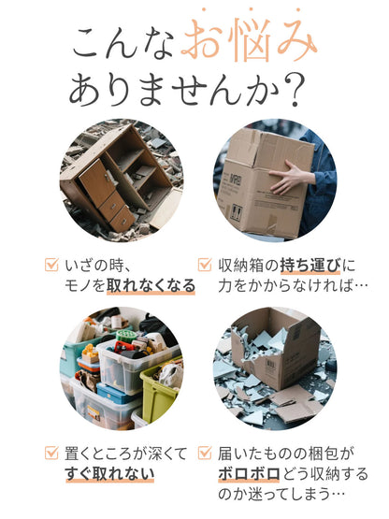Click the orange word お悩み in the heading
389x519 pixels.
coord(249,40)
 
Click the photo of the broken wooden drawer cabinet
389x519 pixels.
coord(121,179)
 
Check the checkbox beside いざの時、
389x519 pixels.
coord(51,265)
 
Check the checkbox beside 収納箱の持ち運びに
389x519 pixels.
coord(204,265)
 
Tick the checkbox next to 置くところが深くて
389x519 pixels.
coord(51,453)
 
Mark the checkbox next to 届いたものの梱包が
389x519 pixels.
coord(204,453)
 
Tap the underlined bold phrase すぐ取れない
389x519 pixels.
coord(109,474)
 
